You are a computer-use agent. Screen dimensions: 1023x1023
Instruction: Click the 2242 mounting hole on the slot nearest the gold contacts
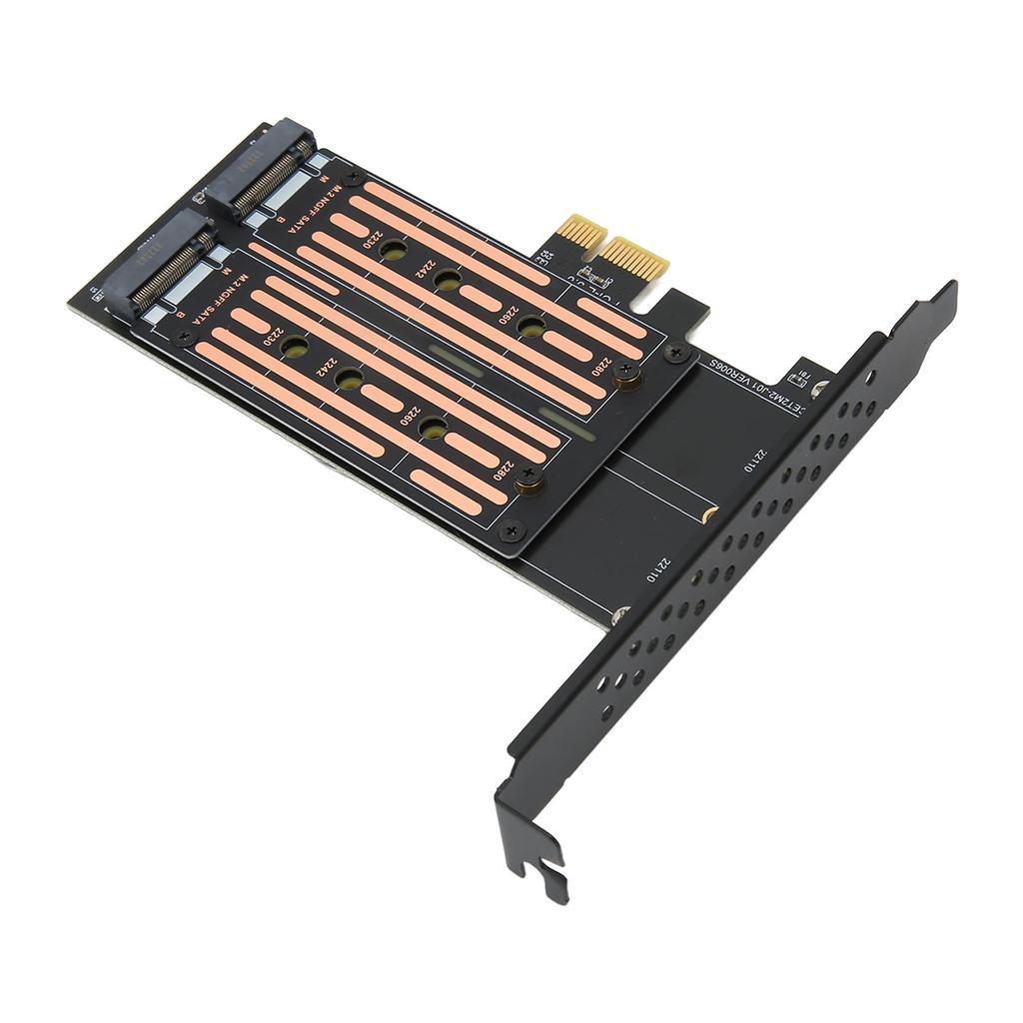click(x=448, y=281)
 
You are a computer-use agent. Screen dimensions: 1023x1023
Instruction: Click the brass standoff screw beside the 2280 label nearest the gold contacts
click(x=626, y=375)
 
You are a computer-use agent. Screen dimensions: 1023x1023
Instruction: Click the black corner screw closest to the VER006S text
click(x=678, y=352)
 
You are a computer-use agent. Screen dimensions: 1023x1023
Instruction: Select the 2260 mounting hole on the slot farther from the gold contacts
click(x=433, y=428)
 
